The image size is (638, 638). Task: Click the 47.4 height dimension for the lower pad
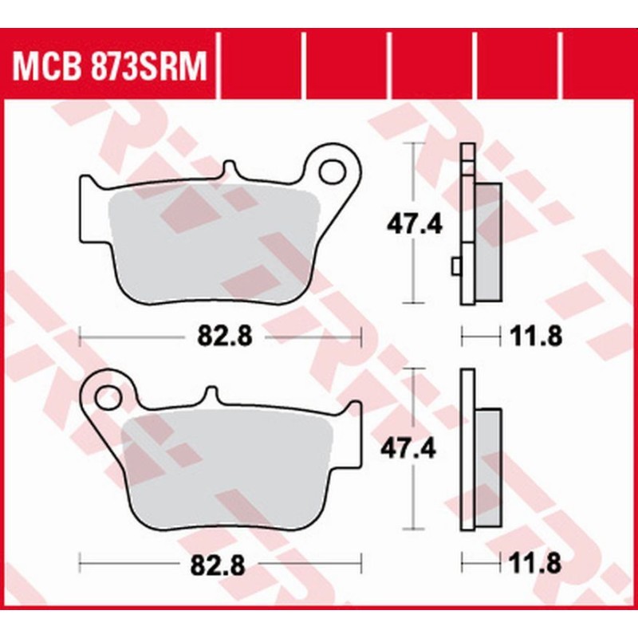click(414, 450)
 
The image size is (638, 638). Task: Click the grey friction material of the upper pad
click(211, 243)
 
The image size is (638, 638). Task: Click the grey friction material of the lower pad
click(227, 471)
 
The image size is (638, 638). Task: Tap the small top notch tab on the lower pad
click(211, 395)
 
